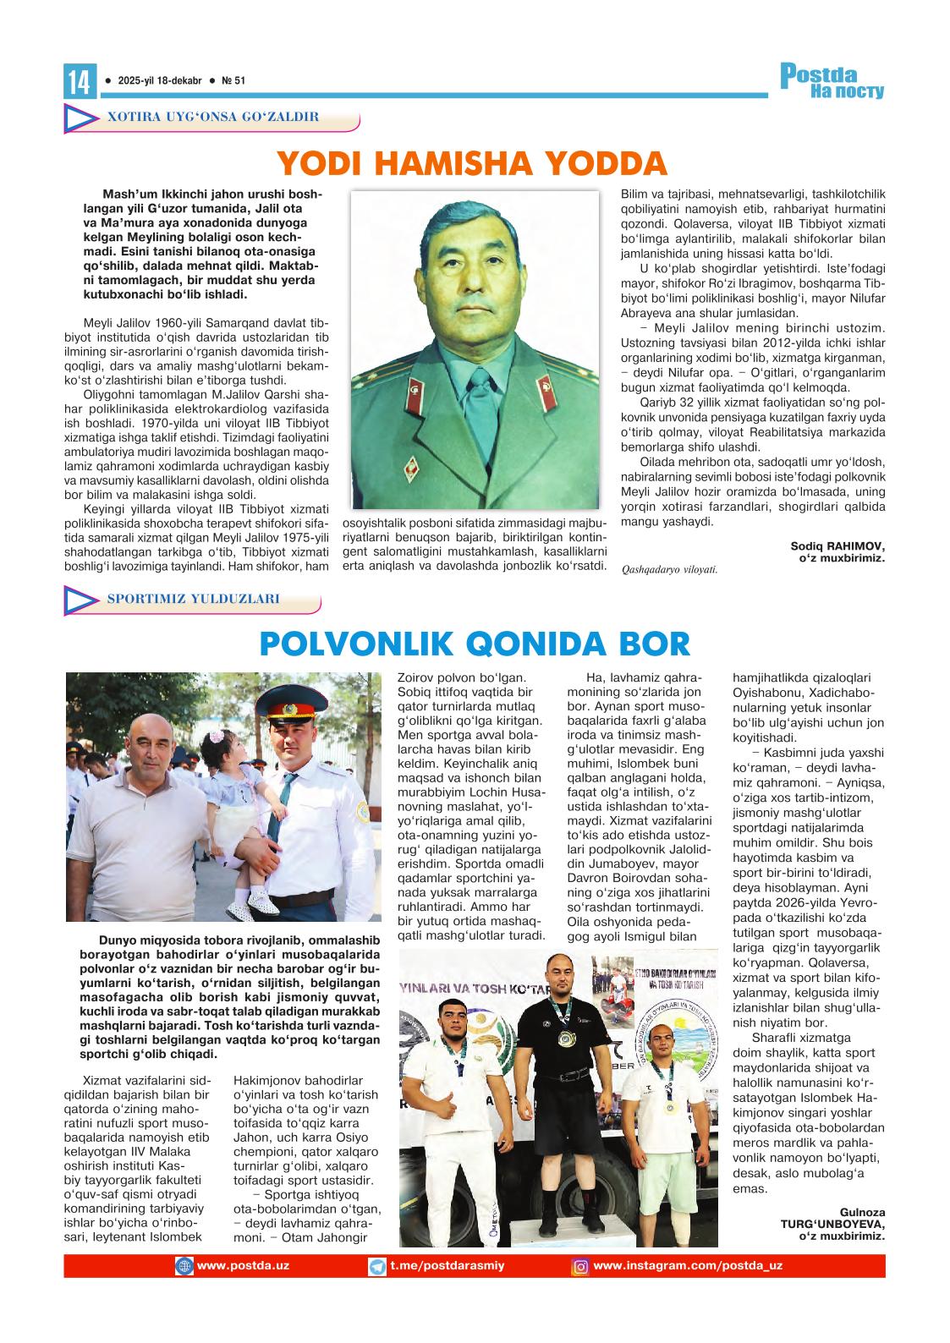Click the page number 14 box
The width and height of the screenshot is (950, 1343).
79,82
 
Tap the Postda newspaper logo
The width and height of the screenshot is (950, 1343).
832,81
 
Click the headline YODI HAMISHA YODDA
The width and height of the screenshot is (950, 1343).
472,163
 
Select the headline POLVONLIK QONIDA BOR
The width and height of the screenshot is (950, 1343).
475,644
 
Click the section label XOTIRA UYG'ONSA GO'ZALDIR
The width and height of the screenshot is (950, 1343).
212,117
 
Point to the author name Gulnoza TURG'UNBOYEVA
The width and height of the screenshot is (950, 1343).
832,1224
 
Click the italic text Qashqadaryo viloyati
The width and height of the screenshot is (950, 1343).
668,569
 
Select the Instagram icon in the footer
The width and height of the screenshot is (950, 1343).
581,1267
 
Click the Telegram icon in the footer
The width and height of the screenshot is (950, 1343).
377,1267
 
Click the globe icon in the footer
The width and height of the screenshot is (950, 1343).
184,1267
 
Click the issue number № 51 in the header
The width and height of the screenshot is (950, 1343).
233,81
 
